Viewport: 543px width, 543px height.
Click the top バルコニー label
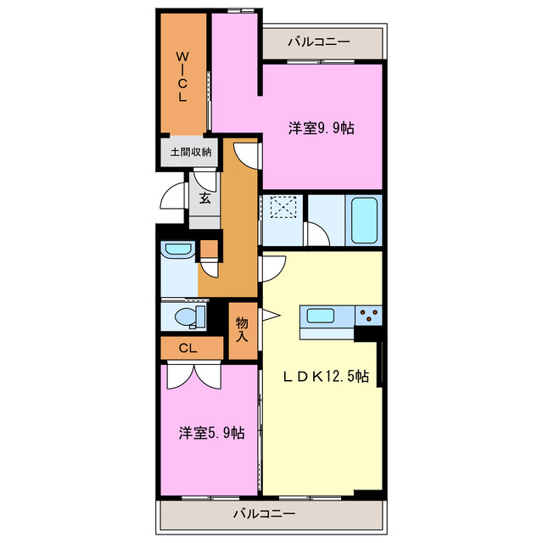[x=318, y=41]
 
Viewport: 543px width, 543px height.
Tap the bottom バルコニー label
[x=264, y=513]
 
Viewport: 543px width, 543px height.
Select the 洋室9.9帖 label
[x=321, y=128]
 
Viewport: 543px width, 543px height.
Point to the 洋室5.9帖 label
[x=211, y=433]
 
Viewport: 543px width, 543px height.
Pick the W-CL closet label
[x=182, y=76]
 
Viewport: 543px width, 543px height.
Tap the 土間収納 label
[x=190, y=153]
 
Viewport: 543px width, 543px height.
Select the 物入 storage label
[x=242, y=328]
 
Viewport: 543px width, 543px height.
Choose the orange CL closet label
[x=188, y=348]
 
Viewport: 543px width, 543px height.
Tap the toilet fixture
[x=186, y=317]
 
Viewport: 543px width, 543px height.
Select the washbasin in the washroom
[x=177, y=250]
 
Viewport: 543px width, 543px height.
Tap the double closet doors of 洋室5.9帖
[x=194, y=374]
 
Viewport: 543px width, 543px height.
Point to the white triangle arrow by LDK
[x=270, y=316]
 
